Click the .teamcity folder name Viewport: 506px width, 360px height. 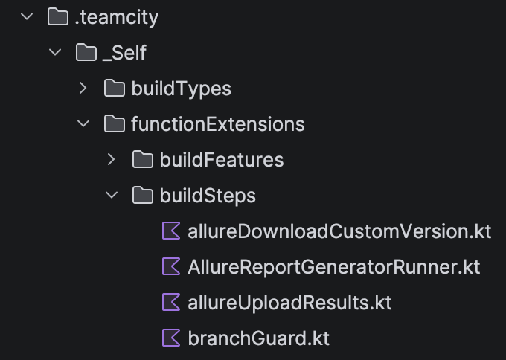pos(117,17)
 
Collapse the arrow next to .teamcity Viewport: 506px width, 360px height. pos(27,16)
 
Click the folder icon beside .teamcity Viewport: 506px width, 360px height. pos(58,17)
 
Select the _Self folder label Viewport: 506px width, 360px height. pos(124,53)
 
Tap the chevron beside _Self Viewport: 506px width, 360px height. pos(55,52)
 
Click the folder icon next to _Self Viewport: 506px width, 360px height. pos(86,53)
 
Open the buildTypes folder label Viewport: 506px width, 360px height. pos(182,89)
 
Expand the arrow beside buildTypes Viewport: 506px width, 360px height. pos(83,88)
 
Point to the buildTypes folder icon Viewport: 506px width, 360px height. pos(115,89)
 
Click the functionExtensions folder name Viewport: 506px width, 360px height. pos(218,124)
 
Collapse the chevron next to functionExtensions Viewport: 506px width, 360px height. pos(83,123)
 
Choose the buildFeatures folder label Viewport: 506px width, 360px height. pos(222,160)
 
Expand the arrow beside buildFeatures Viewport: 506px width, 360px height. pos(112,159)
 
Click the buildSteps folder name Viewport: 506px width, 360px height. pos(208,196)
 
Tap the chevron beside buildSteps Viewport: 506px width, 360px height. pos(112,195)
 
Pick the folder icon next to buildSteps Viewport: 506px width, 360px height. pos(143,196)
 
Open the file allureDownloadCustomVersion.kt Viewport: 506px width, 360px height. pos(339,231)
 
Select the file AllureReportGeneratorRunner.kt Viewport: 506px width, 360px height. pos(334,267)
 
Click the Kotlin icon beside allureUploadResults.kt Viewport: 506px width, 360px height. pos(171,302)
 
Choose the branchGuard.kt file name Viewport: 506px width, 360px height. pos(258,338)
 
